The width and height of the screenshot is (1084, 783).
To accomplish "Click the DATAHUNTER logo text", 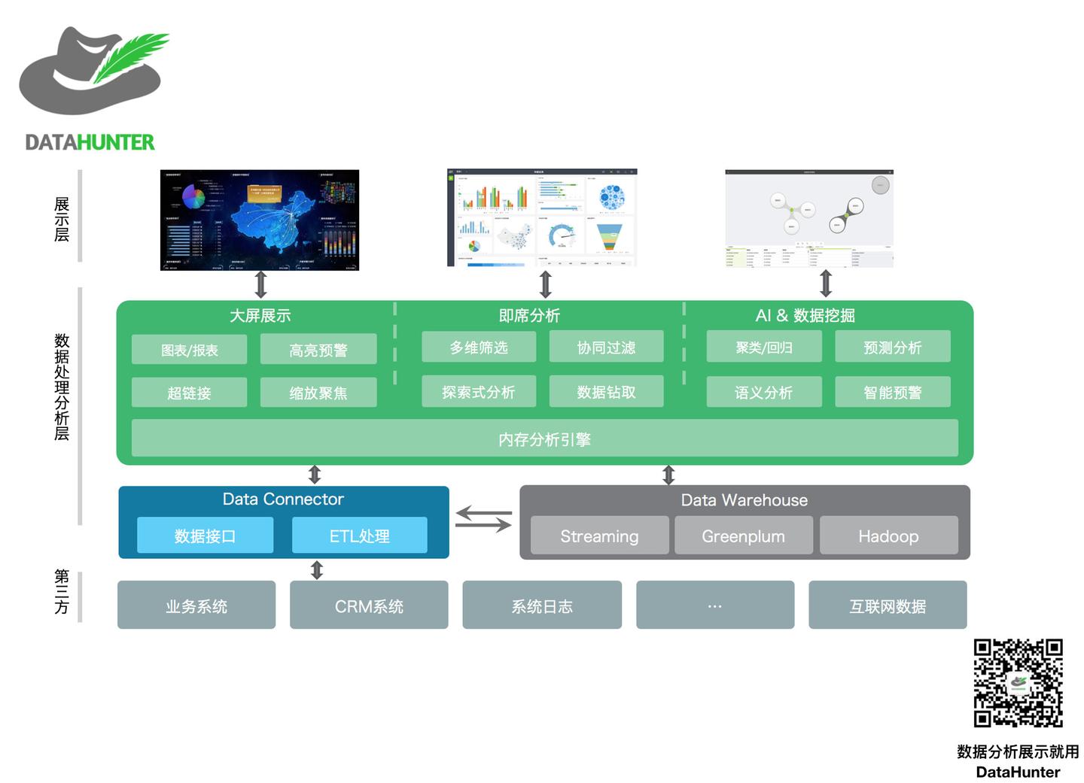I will tap(90, 142).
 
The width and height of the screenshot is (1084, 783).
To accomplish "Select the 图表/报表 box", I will tap(189, 350).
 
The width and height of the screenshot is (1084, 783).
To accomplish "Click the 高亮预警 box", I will tap(318, 350).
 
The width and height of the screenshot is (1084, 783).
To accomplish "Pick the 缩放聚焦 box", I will tap(318, 393).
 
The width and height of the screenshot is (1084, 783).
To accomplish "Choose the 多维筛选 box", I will tap(479, 347).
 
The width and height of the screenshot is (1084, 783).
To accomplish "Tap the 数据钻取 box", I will tap(606, 392).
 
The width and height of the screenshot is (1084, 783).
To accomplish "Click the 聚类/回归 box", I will tap(763, 347).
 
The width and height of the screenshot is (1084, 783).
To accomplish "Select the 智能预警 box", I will tap(892, 393).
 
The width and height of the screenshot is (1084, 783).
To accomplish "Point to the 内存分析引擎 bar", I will tap(544, 439).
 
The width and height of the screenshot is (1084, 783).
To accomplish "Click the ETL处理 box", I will tap(359, 536).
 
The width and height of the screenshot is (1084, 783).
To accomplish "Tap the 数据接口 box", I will tap(205, 536).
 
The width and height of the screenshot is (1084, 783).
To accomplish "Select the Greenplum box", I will tap(743, 536).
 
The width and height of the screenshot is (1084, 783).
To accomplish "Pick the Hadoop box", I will tap(888, 536).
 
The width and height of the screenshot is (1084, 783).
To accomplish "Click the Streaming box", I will tap(599, 536).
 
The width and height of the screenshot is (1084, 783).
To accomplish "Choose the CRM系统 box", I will tap(369, 605).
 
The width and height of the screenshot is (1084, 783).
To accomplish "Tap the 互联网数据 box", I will tap(888, 605).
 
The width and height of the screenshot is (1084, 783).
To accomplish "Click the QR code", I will tap(1018, 683).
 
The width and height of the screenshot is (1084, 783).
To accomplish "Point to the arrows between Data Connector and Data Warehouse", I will tap(483, 520).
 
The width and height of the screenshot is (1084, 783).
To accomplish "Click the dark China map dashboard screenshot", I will tap(260, 220).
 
